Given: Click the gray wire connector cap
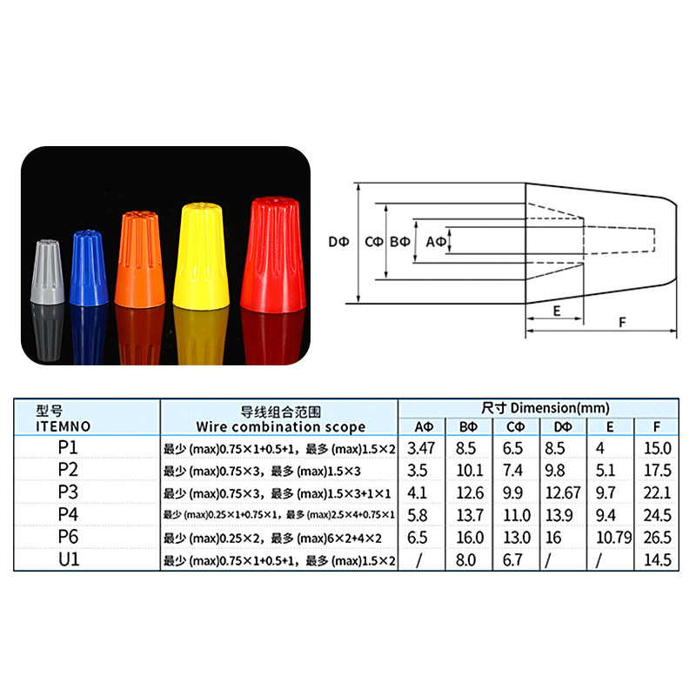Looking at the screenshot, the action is [x=47, y=271].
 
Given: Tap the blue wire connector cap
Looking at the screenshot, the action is [x=89, y=268].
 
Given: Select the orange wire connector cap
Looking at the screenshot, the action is [x=140, y=259].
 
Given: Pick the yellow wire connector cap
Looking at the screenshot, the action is [x=201, y=256].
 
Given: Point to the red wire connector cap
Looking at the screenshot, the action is [x=273, y=255].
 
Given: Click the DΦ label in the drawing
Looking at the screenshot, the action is [x=338, y=242].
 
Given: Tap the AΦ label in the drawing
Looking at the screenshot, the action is [x=436, y=242].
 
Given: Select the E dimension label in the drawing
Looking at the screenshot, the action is [x=557, y=311].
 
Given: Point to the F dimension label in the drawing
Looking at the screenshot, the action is [x=622, y=323].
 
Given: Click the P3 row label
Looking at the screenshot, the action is [x=68, y=492].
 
